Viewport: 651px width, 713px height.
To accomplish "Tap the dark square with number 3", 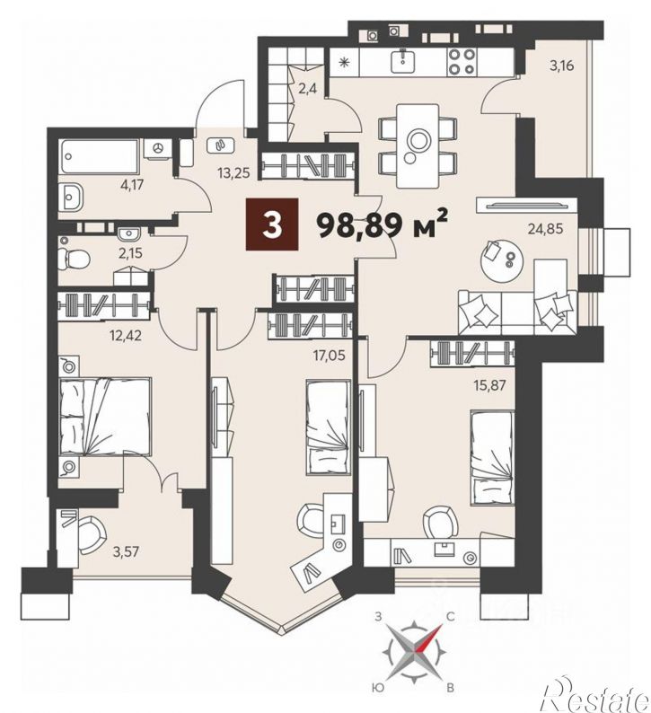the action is click(272, 224).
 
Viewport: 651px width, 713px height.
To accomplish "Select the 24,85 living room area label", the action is click(545, 228).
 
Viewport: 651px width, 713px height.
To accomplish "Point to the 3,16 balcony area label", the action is click(562, 66).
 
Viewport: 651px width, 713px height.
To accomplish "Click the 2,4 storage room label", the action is click(308, 88).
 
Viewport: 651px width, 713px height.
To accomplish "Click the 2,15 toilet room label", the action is click(130, 253).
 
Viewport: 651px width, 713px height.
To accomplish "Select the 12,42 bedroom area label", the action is click(125, 336).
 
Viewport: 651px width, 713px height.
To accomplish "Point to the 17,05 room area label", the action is click(329, 355).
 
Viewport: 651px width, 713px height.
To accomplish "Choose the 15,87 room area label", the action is click(488, 386).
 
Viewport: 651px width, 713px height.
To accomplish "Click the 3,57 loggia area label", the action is click(127, 552).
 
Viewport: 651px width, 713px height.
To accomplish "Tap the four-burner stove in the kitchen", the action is click(461, 62).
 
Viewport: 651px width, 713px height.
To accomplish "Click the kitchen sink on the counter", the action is click(402, 61).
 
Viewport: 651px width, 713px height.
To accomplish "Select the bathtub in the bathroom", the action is click(100, 156).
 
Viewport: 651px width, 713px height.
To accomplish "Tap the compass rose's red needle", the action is click(430, 637).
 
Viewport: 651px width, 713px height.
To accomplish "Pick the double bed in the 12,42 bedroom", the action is click(105, 417).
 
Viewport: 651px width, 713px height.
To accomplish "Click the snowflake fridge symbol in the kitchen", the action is click(344, 62).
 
